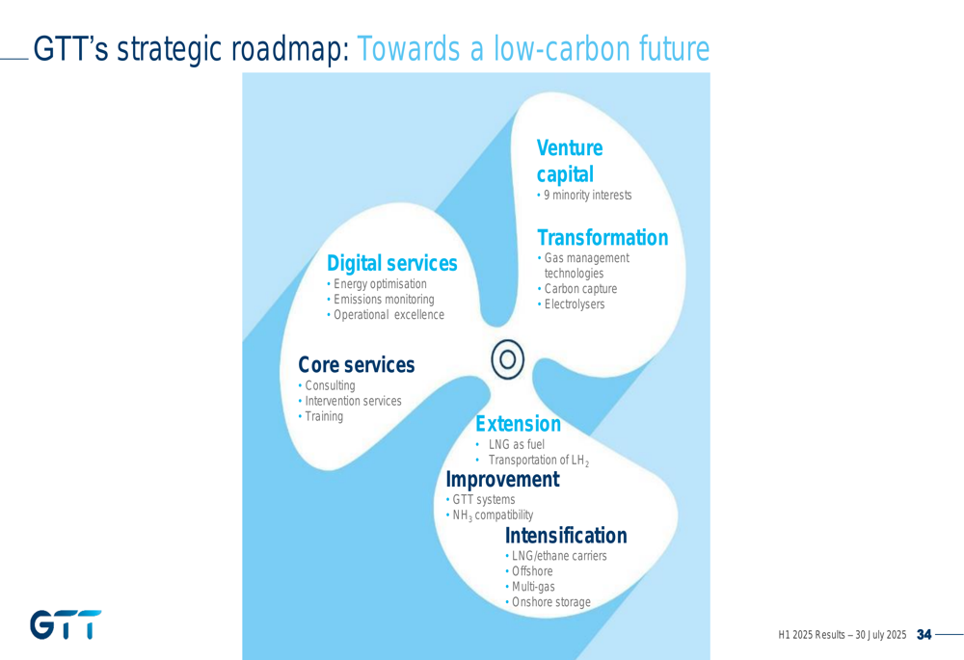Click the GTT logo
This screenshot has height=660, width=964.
[66, 624]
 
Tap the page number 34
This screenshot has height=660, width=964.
[924, 634]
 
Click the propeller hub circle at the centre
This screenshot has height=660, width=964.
[508, 359]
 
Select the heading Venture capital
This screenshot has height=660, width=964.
[570, 161]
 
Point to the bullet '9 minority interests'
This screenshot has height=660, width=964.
[584, 195]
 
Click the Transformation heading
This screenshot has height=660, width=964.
[602, 237]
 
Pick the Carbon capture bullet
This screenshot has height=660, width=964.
[577, 288]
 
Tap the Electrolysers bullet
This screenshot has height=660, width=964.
[571, 304]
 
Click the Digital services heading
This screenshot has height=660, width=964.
[392, 263]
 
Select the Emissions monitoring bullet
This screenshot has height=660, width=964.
[381, 300]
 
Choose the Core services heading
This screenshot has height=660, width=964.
[357, 364]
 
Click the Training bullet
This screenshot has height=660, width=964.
[321, 416]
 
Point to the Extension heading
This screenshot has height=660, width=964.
[519, 423]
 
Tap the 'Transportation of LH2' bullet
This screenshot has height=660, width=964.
[532, 461]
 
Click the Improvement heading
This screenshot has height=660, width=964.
[503, 479]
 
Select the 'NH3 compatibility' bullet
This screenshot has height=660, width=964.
[490, 515]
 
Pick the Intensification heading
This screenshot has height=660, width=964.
[566, 536]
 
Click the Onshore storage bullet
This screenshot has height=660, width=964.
[549, 601]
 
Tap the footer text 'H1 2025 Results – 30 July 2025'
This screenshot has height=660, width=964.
[843, 635]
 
